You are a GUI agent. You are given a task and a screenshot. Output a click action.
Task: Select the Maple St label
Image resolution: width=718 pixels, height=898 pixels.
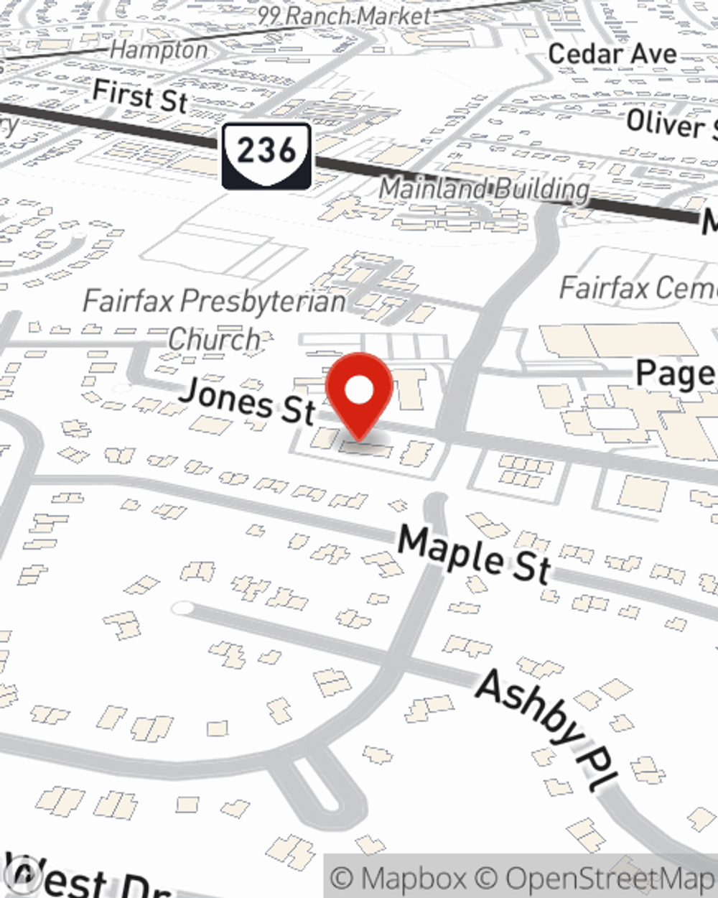click(x=475, y=553)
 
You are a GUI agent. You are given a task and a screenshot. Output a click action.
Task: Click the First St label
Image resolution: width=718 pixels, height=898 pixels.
click(x=141, y=96)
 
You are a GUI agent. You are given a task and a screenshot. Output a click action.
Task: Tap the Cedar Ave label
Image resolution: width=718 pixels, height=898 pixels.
click(x=612, y=54)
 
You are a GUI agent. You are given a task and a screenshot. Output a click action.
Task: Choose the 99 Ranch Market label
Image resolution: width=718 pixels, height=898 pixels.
click(x=345, y=17)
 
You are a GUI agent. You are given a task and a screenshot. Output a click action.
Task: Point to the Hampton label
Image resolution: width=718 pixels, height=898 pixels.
click(x=159, y=50)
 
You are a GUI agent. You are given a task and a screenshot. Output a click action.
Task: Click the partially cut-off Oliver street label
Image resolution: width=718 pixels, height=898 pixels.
click(x=671, y=126)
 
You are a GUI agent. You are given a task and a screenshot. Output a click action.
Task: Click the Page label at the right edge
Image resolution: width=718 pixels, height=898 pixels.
click(x=676, y=374)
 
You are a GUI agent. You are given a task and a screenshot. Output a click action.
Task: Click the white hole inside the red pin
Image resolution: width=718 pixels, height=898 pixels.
click(x=359, y=390)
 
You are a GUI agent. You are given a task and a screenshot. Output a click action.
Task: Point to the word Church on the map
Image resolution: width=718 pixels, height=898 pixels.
click(x=214, y=338)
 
